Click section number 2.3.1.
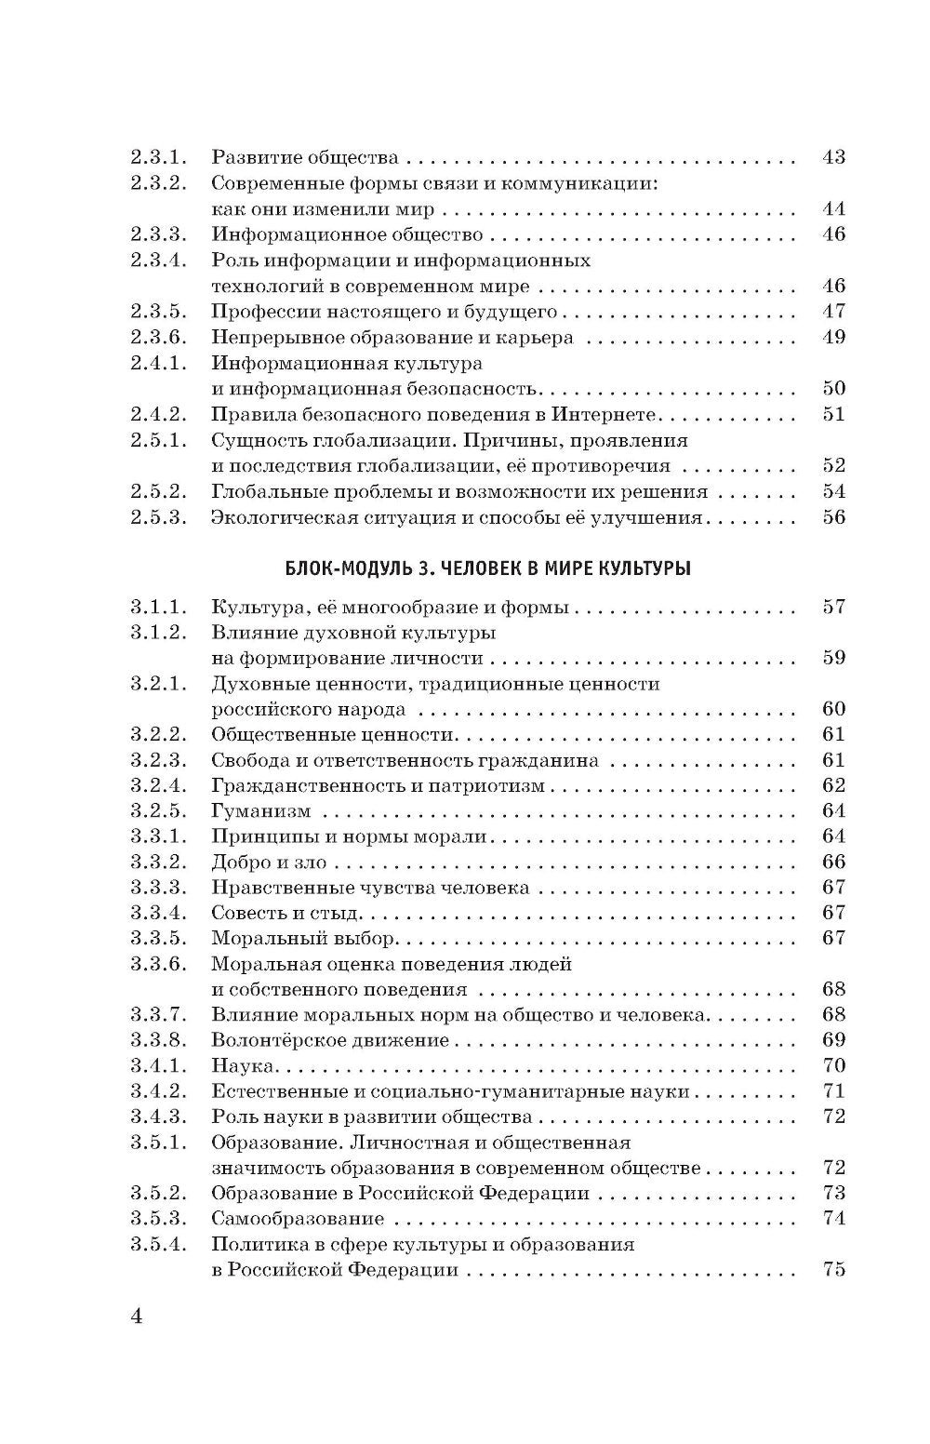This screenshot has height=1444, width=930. (159, 157)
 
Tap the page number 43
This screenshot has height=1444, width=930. (833, 157)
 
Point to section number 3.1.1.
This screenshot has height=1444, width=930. (159, 608)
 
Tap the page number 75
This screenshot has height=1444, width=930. (833, 1269)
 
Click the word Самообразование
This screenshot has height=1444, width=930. (298, 1219)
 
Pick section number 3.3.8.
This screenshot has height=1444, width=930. (159, 1040)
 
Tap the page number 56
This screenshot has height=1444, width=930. (833, 517)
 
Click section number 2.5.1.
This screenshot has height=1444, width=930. (159, 440)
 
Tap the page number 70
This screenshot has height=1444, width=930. (833, 1065)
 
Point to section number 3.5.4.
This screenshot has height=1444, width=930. (159, 1244)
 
